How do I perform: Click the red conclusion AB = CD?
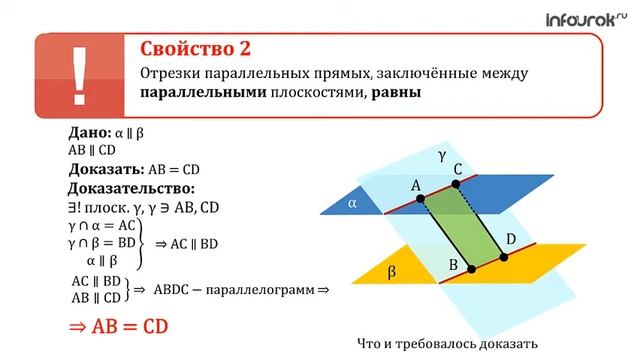tap(117, 326)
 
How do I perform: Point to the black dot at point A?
tap(420, 199)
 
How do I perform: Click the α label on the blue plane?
tap(352, 203)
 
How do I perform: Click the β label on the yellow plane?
tap(392, 270)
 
